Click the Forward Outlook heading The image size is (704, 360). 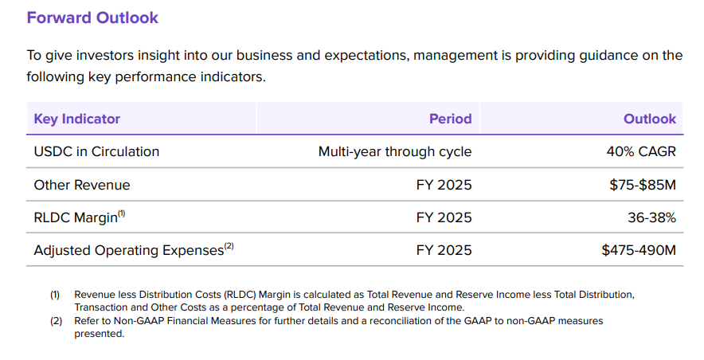[92, 18]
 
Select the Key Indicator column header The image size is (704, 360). [76, 119]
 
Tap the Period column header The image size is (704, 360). [450, 119]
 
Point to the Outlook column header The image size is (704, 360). [650, 119]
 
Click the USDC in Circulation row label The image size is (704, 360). [96, 151]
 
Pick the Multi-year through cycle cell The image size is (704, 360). [395, 151]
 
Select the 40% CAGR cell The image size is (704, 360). [641, 151]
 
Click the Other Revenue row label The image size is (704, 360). [82, 185]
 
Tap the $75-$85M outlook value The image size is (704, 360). [643, 185]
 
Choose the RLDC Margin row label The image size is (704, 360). [76, 217]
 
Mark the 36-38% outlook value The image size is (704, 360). [651, 217]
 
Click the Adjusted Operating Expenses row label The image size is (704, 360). [129, 250]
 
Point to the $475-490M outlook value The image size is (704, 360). [639, 250]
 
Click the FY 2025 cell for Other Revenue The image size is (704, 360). [444, 185]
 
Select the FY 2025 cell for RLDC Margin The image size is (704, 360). [444, 217]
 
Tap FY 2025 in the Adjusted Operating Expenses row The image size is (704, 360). [444, 250]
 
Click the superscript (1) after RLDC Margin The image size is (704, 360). [121, 213]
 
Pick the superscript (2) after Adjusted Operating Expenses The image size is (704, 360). [229, 246]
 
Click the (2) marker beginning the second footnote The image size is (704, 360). [55, 321]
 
